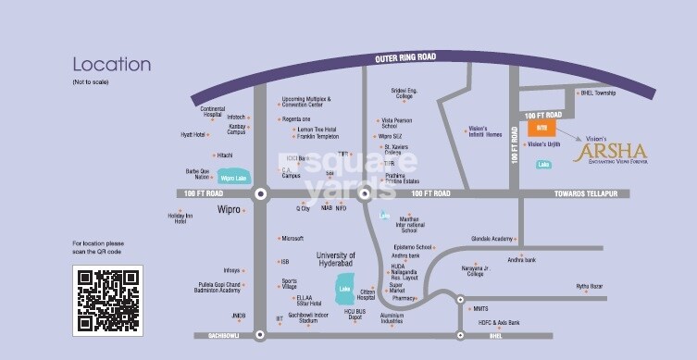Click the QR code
click(x=107, y=300)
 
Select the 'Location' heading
click(x=111, y=65)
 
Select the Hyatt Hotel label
click(x=193, y=134)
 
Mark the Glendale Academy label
click(x=492, y=238)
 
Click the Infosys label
click(x=231, y=271)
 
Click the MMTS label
click(x=480, y=308)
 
